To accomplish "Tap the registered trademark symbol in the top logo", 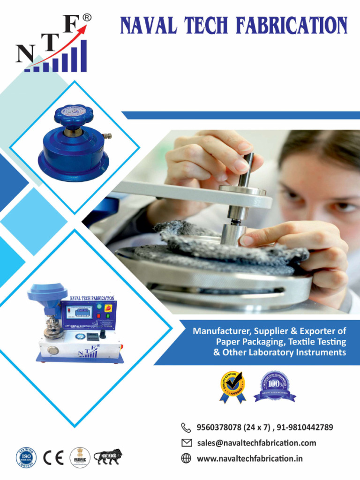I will click(87, 17).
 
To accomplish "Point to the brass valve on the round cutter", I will click(107, 136).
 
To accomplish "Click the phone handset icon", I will click(186, 427).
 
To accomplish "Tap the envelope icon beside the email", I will click(186, 442).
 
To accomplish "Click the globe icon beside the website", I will click(186, 458).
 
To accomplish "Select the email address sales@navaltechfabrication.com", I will click(256, 442).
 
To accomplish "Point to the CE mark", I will click(53, 457).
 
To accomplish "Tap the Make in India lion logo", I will click(108, 457).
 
